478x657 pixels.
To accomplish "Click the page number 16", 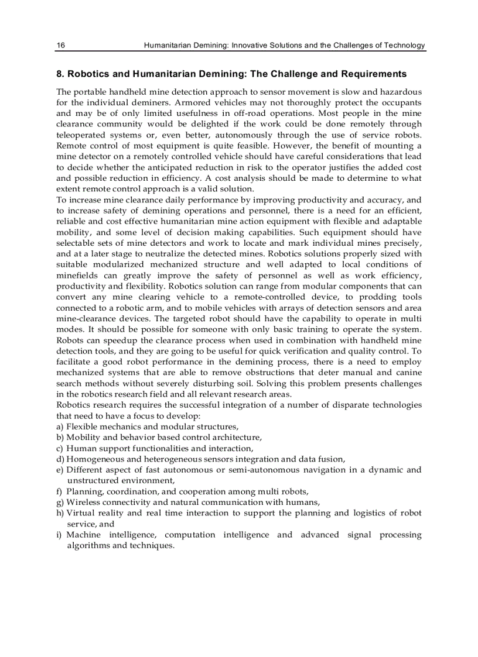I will coord(60,45).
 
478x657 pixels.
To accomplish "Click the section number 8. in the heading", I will coord(60,74).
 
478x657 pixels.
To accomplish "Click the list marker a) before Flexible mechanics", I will coord(60,426).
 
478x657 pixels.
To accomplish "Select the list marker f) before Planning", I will coord(60,491).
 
